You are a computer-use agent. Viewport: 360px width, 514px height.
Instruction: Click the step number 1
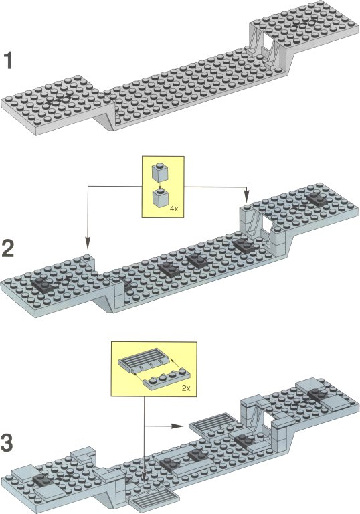point(8,61)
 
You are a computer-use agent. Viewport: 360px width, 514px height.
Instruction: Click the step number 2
point(8,248)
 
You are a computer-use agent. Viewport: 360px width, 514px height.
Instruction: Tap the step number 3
point(7,442)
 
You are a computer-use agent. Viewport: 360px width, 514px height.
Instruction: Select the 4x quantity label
point(174,209)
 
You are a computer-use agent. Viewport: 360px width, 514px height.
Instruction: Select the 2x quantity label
point(186,388)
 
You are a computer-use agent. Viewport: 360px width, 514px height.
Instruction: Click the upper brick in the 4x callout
point(160,172)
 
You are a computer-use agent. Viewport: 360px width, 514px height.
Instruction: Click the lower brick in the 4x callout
point(161,198)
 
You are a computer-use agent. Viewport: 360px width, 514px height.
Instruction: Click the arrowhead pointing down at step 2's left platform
point(87,243)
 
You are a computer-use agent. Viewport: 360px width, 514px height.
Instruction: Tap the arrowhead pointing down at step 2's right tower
point(247,197)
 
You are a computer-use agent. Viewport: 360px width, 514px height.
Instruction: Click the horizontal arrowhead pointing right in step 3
point(177,426)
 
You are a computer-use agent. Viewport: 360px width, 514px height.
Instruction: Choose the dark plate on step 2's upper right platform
point(317,199)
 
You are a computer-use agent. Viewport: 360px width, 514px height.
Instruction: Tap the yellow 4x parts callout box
point(163,187)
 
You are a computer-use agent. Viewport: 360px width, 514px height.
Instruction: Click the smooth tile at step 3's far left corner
point(23,472)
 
